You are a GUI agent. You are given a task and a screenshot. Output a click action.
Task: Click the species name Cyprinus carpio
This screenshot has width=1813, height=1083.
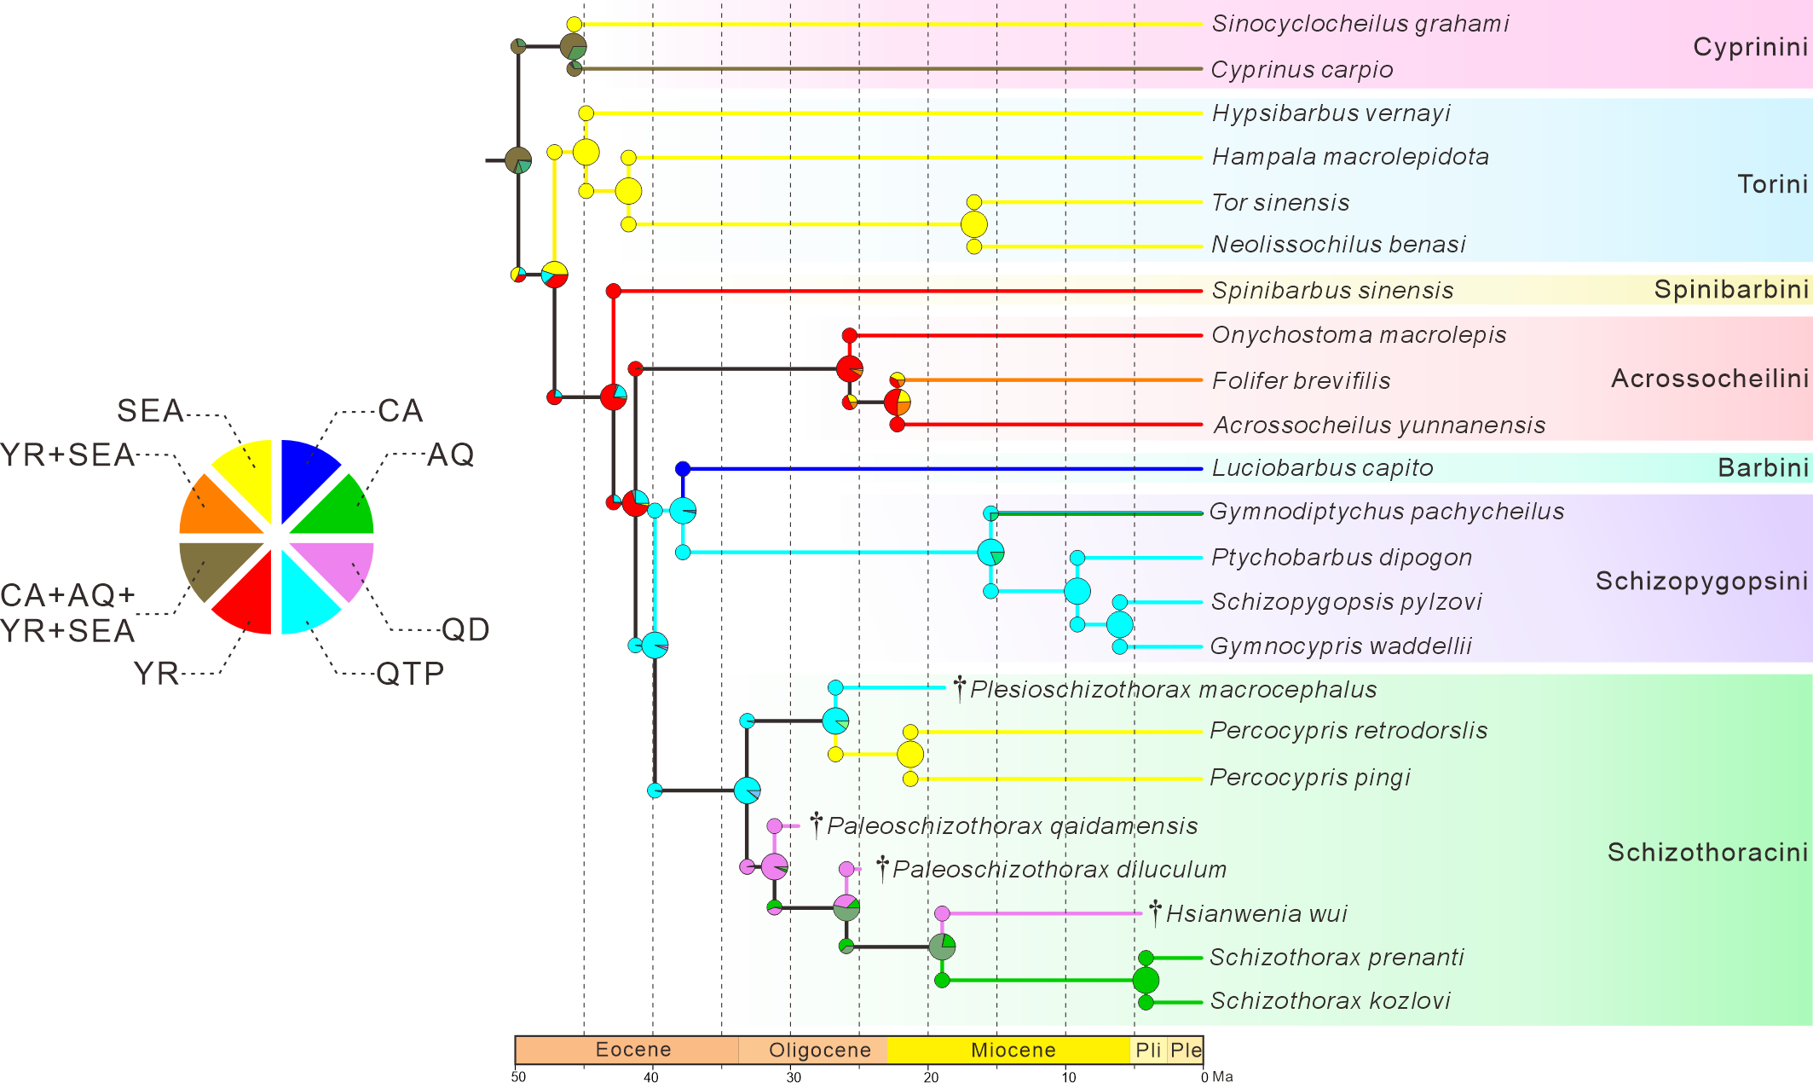1302,70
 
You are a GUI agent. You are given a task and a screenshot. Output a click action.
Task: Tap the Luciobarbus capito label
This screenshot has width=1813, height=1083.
1322,468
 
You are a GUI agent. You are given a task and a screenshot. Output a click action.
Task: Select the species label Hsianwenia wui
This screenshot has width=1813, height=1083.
1256,914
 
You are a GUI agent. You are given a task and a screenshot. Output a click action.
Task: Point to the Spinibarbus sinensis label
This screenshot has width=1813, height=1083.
1332,291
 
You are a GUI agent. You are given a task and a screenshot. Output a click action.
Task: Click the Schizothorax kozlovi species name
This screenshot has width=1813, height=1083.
1330,1001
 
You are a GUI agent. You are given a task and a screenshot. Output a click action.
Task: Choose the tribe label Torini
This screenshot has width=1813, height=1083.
1772,184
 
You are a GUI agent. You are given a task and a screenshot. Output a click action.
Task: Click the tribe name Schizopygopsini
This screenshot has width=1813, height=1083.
1701,582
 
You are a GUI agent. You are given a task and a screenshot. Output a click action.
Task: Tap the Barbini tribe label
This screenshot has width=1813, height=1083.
1762,468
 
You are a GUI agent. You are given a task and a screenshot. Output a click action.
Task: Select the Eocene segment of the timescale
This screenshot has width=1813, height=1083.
632,1050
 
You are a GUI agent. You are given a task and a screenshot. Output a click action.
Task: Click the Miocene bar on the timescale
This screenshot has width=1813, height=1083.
1013,1050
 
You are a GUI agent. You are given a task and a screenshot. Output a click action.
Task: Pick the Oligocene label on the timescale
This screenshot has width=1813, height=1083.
819,1050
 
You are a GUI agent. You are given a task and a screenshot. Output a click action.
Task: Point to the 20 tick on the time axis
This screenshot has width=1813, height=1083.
931,1077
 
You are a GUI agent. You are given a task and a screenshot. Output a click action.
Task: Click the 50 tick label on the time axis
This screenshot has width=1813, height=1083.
518,1077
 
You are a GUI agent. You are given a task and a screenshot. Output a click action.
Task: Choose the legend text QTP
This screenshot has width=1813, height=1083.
410,674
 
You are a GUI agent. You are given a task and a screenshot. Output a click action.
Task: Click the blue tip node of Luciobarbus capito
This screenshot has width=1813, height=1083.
683,468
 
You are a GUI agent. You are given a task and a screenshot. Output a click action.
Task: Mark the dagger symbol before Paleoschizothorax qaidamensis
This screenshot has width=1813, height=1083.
816,824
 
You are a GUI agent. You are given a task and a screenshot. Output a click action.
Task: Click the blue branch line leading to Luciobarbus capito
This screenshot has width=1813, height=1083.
938,468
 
